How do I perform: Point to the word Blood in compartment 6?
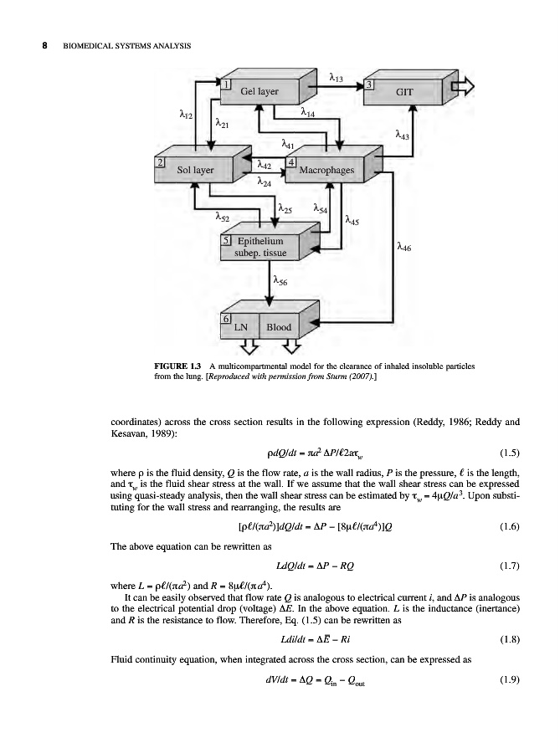click(x=278, y=327)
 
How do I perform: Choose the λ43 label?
click(x=403, y=133)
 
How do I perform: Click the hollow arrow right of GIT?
click(x=462, y=87)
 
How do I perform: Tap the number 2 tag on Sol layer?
click(x=162, y=161)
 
